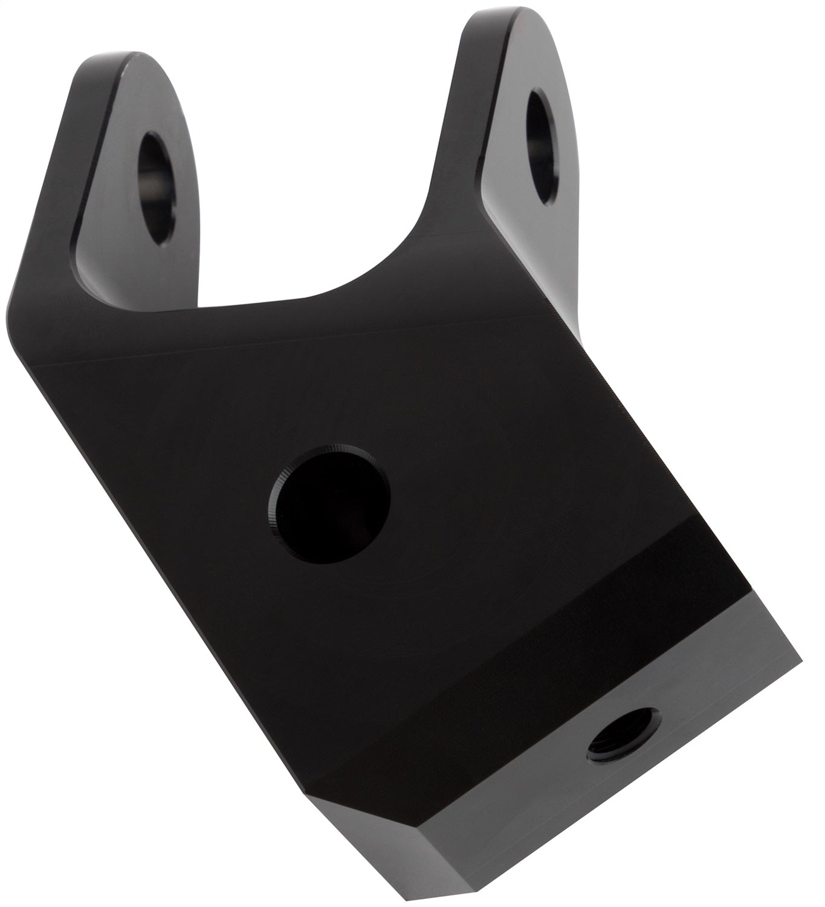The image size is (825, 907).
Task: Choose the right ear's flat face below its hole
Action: pos(520,218)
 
